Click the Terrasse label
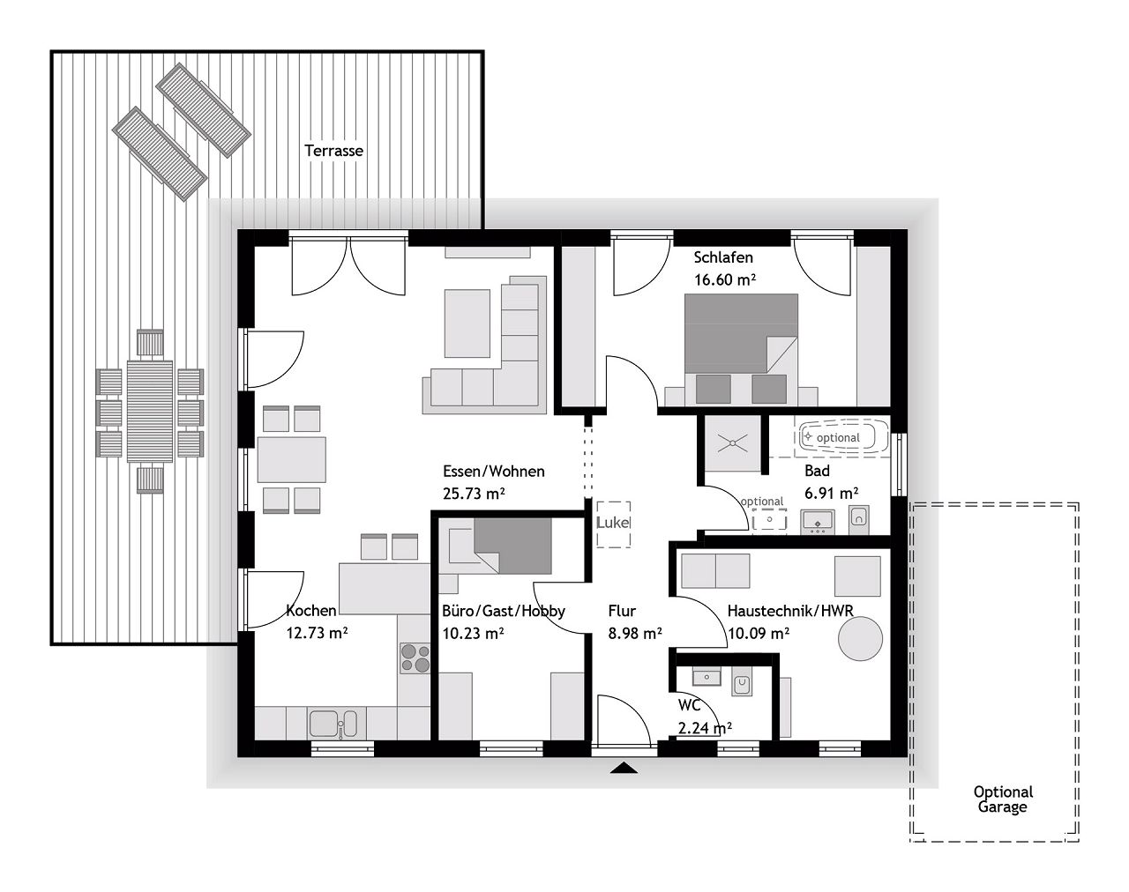(x=333, y=151)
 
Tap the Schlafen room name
(x=723, y=257)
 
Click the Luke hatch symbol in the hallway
(x=613, y=523)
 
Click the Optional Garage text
(x=1003, y=799)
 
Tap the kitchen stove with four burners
(x=415, y=658)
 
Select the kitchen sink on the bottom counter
(x=333, y=725)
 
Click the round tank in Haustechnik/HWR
(x=860, y=637)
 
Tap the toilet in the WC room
(x=742, y=681)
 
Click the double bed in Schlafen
(x=741, y=348)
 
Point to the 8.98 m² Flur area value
(x=635, y=633)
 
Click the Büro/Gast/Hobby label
(x=503, y=610)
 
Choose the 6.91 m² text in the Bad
(x=830, y=494)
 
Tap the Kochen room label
(x=310, y=610)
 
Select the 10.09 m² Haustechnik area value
(x=759, y=633)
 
